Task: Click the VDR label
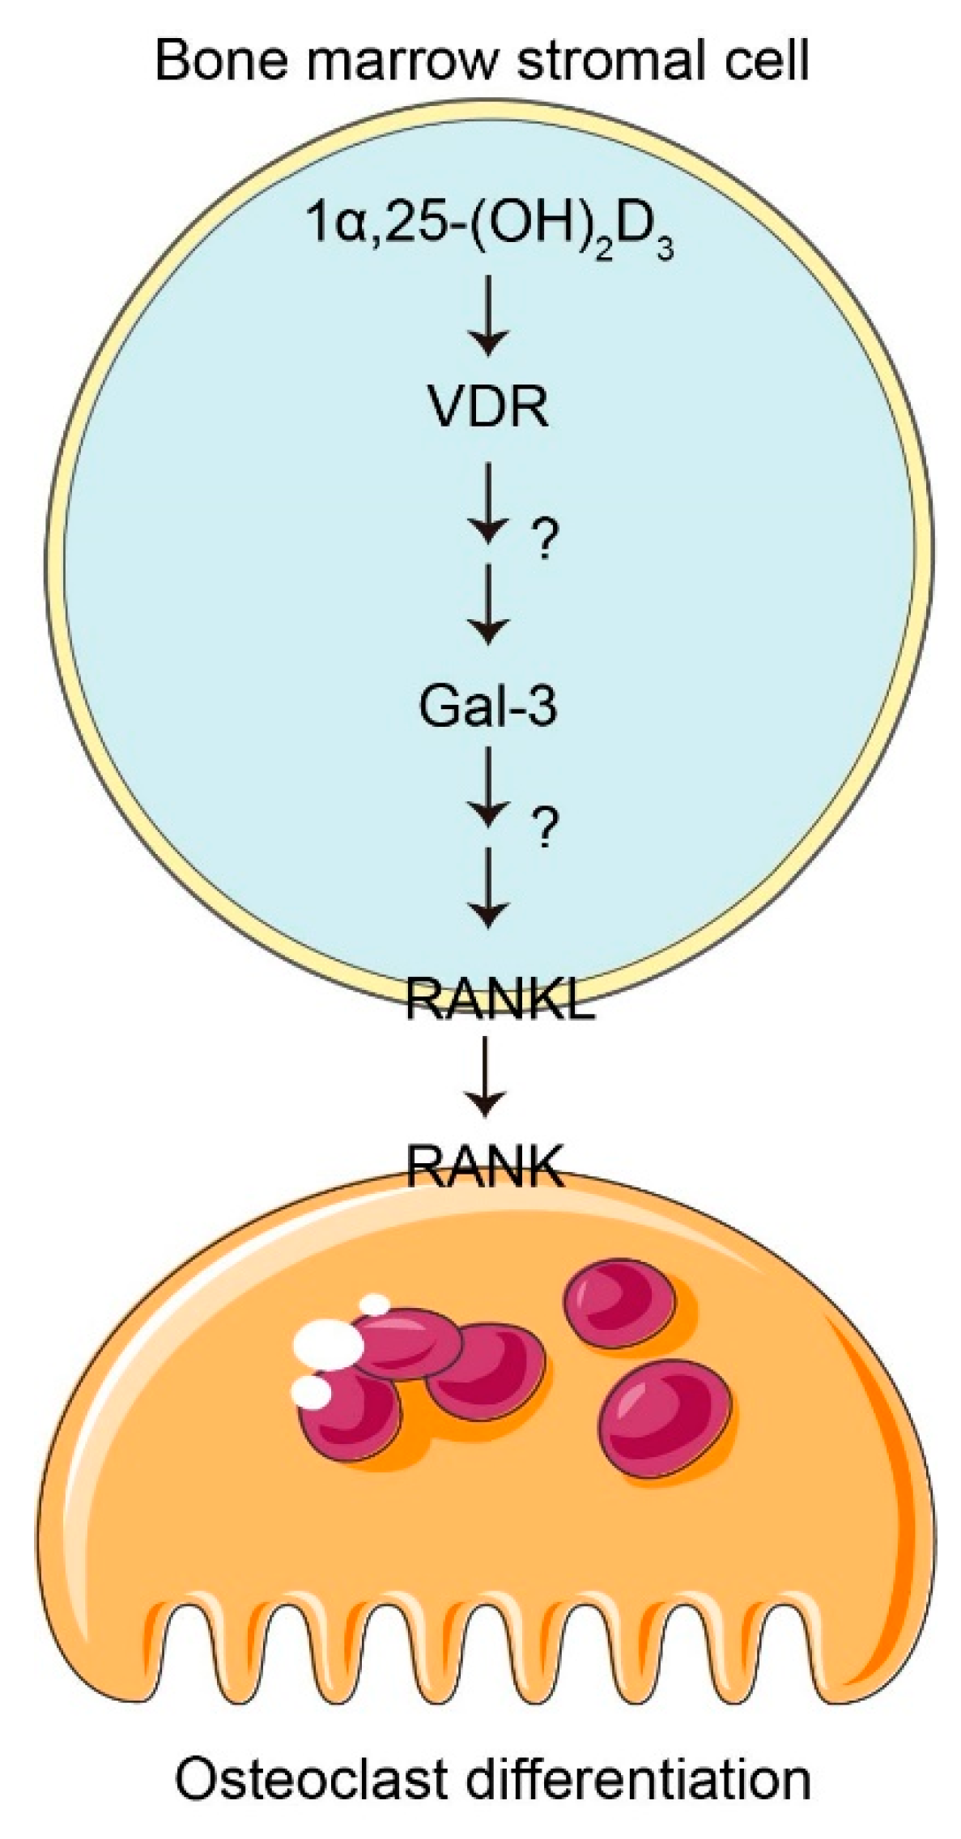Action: pyautogui.click(x=488, y=406)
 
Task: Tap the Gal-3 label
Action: pyautogui.click(x=487, y=706)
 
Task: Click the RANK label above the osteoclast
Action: pyautogui.click(x=484, y=1166)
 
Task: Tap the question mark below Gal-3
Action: pyautogui.click(x=543, y=827)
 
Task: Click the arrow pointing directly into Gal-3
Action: pyautogui.click(x=488, y=602)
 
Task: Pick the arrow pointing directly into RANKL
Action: pyautogui.click(x=488, y=886)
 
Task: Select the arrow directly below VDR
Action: pyautogui.click(x=488, y=502)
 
